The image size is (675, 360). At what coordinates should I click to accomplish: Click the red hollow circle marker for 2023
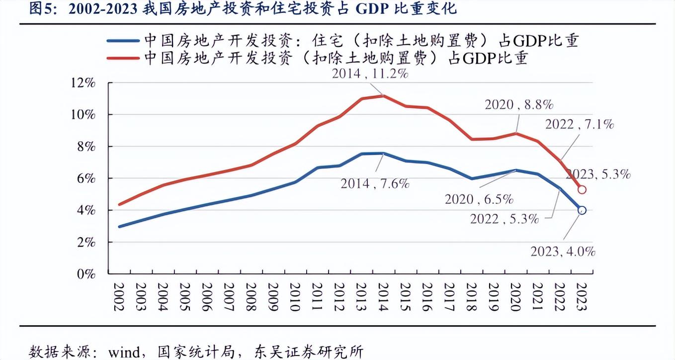pyautogui.click(x=582, y=189)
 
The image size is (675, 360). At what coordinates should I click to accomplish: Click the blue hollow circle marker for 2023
pyautogui.click(x=582, y=210)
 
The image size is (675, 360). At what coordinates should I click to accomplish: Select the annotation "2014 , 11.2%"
pyautogui.click(x=370, y=74)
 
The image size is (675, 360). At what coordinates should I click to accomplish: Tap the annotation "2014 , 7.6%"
pyautogui.click(x=375, y=183)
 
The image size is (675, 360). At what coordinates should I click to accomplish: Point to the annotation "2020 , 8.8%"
pyautogui.click(x=519, y=104)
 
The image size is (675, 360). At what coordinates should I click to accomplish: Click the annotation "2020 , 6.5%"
pyautogui.click(x=479, y=199)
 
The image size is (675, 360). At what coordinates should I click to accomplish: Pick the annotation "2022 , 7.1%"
pyautogui.click(x=580, y=124)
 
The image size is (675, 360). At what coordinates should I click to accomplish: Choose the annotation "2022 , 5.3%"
pyautogui.click(x=505, y=219)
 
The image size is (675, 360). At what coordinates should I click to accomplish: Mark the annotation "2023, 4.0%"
pyautogui.click(x=563, y=252)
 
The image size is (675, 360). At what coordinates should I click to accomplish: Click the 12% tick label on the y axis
pyautogui.click(x=83, y=83)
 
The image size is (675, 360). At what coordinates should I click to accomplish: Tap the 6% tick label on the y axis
pyautogui.click(x=86, y=179)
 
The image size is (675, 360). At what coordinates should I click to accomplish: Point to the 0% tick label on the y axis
pyautogui.click(x=86, y=274)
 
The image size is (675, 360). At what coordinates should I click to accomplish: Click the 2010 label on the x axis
pyautogui.click(x=295, y=297)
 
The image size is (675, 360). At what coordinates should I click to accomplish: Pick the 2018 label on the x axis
pyautogui.click(x=471, y=297)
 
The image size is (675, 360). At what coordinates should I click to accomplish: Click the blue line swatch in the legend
pyautogui.click(x=123, y=41)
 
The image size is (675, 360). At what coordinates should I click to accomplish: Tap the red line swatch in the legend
pyautogui.click(x=123, y=58)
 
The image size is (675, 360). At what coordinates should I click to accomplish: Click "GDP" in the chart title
pyautogui.click(x=372, y=9)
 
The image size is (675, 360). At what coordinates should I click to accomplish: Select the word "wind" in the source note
pyautogui.click(x=124, y=352)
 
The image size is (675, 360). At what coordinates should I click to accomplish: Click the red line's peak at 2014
pyautogui.click(x=383, y=95)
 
